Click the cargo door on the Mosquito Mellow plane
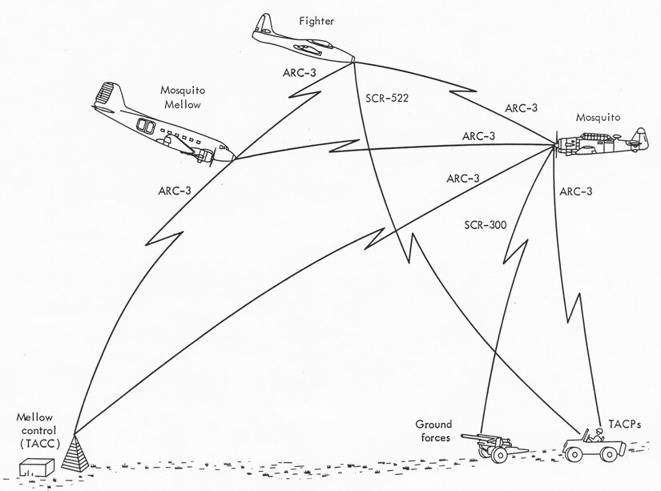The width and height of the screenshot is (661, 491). pos(147,127)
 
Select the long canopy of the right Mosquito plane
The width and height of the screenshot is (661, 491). pos(594,137)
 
